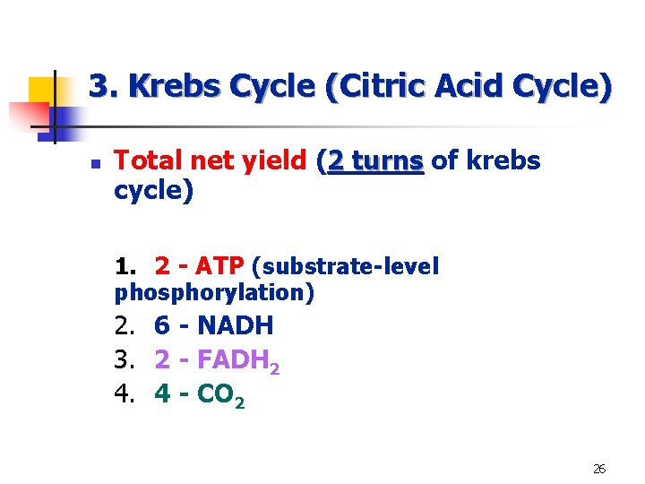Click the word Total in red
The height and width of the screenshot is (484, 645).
[x=146, y=161]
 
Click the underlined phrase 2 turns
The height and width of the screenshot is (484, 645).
[x=376, y=161]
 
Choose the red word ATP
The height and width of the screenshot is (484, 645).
[x=219, y=266]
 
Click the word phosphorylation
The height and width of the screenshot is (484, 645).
[x=214, y=291]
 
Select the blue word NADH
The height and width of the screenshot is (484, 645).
[x=235, y=325]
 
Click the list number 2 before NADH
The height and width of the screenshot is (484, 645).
[x=124, y=325]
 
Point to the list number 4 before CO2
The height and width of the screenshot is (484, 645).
[x=124, y=393]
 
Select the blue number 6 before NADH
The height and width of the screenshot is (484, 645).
[x=163, y=325]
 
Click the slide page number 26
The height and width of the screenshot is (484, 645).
[x=599, y=468]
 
